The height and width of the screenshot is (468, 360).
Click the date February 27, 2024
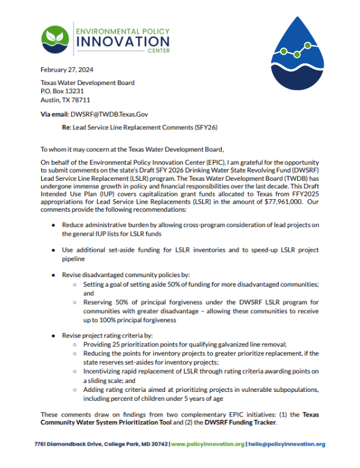[67, 69]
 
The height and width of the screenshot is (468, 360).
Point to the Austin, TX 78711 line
[65, 100]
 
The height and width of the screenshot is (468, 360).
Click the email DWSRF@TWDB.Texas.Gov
[109, 114]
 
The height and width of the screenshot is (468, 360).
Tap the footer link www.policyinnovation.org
[207, 445]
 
